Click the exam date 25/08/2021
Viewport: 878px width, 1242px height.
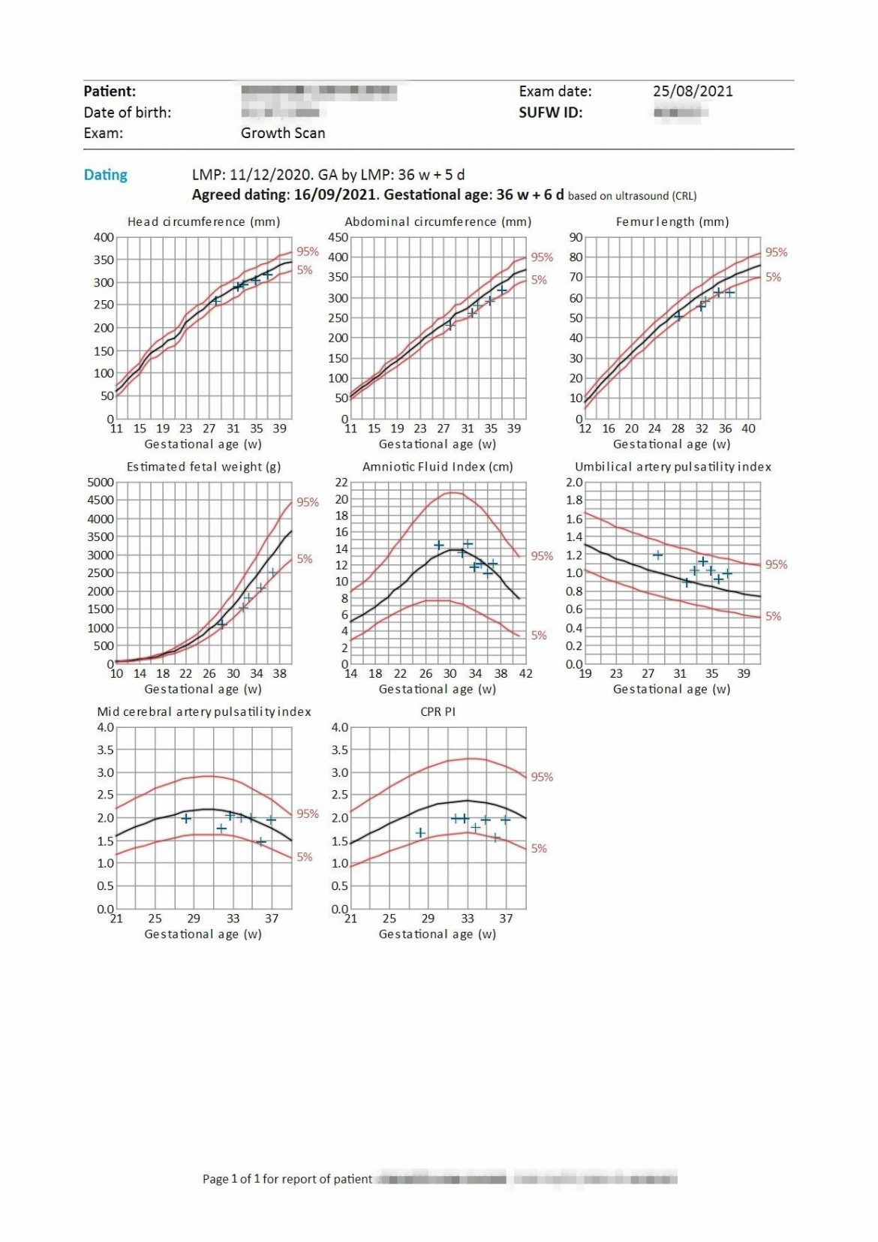(692, 92)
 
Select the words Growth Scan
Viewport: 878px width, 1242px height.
(283, 133)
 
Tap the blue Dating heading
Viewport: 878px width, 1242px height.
(105, 175)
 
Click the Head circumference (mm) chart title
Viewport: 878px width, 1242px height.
(203, 221)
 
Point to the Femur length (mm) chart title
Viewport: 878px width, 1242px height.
(672, 221)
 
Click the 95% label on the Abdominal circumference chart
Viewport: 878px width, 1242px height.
(542, 257)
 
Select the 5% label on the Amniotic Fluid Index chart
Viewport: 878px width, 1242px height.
(539, 635)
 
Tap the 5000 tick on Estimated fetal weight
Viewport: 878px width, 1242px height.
(101, 483)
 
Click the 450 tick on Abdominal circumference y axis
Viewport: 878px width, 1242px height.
(338, 237)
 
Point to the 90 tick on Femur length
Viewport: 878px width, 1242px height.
(576, 237)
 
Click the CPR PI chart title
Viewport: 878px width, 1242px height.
(437, 711)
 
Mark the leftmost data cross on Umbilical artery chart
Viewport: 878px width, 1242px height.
(658, 555)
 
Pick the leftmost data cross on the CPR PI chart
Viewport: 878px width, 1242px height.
(421, 833)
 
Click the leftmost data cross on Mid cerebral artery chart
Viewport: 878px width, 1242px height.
(186, 818)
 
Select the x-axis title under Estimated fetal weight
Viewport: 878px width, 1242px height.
(203, 689)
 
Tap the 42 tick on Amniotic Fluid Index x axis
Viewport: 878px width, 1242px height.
(526, 674)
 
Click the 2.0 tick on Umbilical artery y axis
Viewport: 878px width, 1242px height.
(574, 483)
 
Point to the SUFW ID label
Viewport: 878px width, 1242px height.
(550, 113)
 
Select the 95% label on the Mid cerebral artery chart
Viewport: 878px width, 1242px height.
(308, 813)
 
